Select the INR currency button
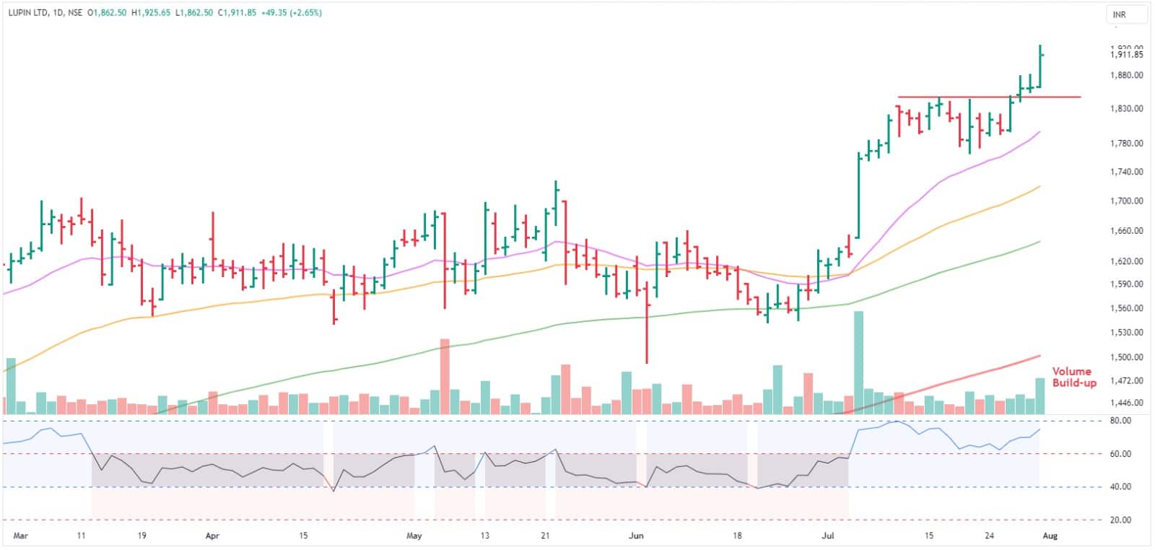pos(1120,14)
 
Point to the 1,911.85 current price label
pos(1127,55)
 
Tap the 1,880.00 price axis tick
pos(1127,75)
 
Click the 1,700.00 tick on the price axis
pos(1127,201)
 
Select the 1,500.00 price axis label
pos(1127,357)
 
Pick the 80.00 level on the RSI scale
pos(1120,421)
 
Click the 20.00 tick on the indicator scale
pos(1120,520)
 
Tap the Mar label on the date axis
pos(21,536)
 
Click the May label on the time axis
pos(414,536)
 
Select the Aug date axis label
pos(1050,536)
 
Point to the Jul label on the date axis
pos(828,536)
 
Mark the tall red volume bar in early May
pos(445,375)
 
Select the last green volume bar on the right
pos(1040,396)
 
